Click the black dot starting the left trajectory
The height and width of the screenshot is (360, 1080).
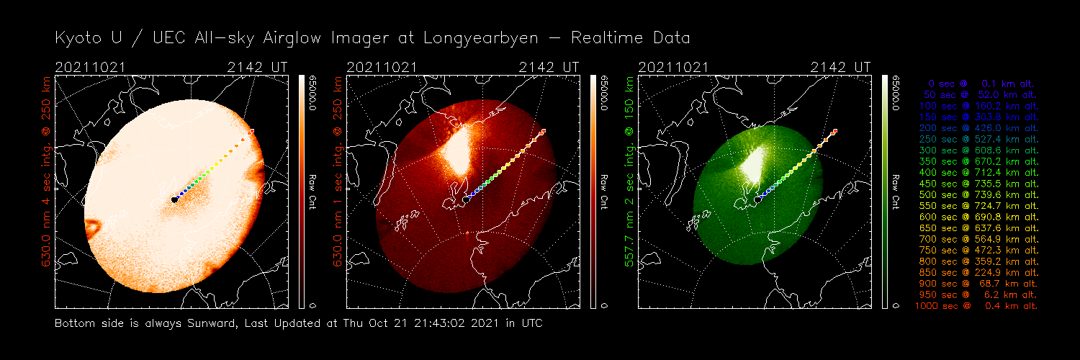coord(175,199)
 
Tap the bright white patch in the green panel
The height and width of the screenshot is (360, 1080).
coord(750,162)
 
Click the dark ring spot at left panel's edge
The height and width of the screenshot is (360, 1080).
coord(94,228)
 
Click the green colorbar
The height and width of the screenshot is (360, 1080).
coord(886,191)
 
